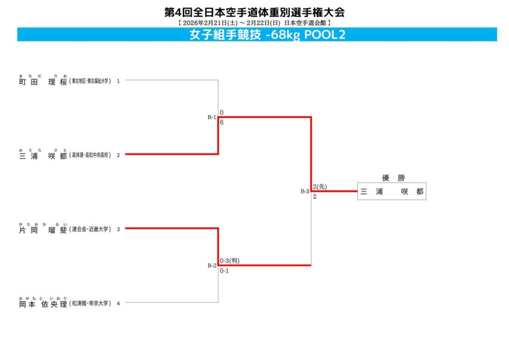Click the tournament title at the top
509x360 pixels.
[x=254, y=12]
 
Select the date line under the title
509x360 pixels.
[x=254, y=23]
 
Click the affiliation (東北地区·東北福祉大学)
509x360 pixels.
[x=90, y=81]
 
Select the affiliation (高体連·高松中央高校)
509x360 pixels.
[x=90, y=155]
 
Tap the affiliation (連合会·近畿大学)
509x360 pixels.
[x=90, y=230]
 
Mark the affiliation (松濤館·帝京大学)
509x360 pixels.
[x=90, y=304]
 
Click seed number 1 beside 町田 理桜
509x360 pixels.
[x=118, y=81]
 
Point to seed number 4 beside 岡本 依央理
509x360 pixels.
[x=118, y=304]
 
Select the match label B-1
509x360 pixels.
[x=212, y=117]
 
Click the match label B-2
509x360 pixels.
[x=212, y=266]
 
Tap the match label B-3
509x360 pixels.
[x=305, y=191]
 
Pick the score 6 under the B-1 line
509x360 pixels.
[x=222, y=122]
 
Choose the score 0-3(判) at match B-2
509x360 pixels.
[x=230, y=261]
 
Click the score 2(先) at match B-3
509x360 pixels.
[x=320, y=186]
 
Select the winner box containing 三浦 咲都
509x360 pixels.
[x=392, y=191]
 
